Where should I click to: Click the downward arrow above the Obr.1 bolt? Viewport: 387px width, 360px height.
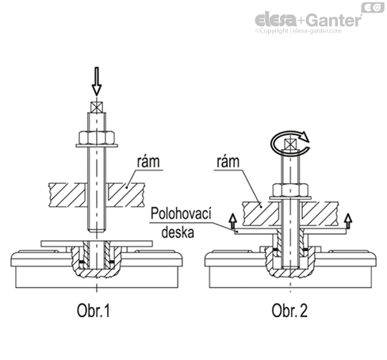[x=97, y=82]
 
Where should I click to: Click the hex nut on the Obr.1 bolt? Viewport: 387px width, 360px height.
[x=97, y=137]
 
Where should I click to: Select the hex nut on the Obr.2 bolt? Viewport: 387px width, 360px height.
[x=290, y=190]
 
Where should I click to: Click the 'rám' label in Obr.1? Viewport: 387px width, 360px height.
[x=148, y=161]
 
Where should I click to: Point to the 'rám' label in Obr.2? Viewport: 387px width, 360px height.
[x=228, y=161]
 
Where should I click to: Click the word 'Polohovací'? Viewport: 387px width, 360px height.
[x=181, y=213]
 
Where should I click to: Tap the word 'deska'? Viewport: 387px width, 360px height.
[x=178, y=232]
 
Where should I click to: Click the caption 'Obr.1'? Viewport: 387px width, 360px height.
[x=94, y=310]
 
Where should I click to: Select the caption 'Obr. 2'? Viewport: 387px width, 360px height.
[x=289, y=310]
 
